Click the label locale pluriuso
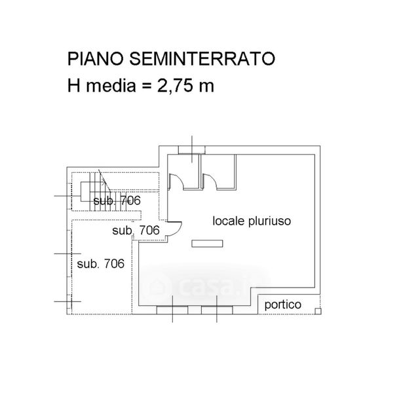(x=251, y=221)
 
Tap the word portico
(x=282, y=305)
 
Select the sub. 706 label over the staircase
(x=116, y=201)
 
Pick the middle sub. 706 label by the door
(x=136, y=231)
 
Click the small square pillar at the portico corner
(x=318, y=310)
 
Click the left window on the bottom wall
(x=173, y=309)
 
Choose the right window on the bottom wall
(x=218, y=309)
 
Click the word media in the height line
(x=115, y=85)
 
